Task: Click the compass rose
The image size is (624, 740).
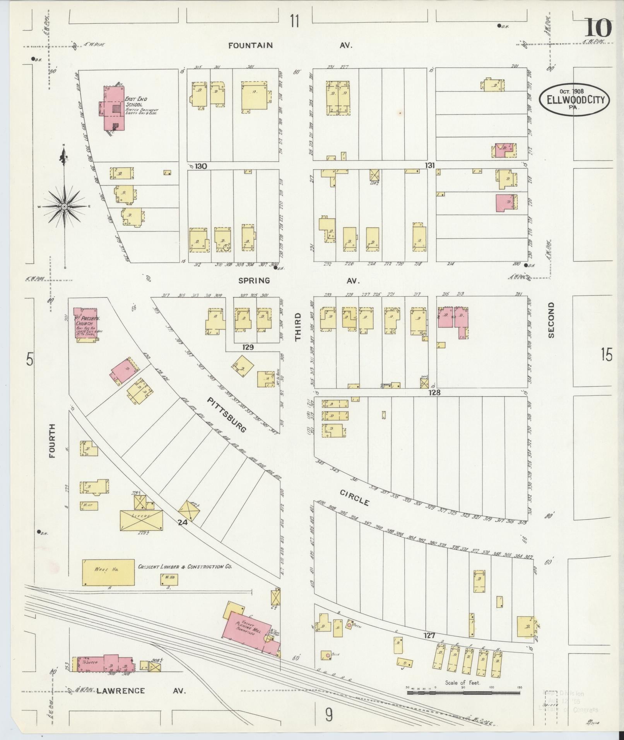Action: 65,207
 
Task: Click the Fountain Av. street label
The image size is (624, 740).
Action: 250,46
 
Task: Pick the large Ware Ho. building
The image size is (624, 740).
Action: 108,572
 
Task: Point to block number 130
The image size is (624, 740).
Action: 201,166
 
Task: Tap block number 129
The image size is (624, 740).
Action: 248,347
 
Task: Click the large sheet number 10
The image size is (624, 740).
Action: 598,28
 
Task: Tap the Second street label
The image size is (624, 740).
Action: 551,320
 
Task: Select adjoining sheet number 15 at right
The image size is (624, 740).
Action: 607,354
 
